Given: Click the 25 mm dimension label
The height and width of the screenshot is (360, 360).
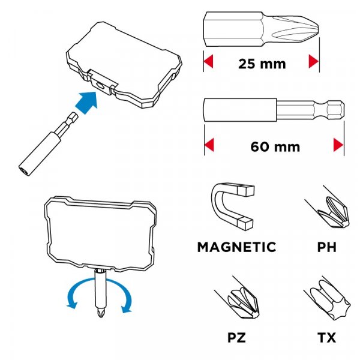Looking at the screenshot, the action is [x=262, y=64].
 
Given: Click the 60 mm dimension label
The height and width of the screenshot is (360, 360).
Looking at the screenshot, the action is [x=275, y=147].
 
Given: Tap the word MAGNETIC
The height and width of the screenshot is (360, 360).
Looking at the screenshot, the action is [x=237, y=247].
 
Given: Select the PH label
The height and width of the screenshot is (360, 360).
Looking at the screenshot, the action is [x=326, y=247].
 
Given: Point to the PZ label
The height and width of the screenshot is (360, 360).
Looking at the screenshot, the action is [x=236, y=338].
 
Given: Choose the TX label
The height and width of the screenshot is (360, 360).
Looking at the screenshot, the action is [x=327, y=338].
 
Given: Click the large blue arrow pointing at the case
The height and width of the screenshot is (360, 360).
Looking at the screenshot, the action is [x=87, y=102].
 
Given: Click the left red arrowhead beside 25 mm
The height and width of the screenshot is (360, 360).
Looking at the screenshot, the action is [x=208, y=61].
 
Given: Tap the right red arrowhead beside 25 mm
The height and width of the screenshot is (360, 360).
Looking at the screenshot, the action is [x=314, y=61].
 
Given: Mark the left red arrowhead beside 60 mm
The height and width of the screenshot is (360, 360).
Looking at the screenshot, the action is [x=209, y=145].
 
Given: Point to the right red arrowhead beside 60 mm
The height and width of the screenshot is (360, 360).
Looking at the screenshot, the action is [x=338, y=145].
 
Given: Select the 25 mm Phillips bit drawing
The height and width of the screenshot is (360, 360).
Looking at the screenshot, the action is [x=261, y=29].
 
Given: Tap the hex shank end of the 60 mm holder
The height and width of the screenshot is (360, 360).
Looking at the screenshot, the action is [x=335, y=110].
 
